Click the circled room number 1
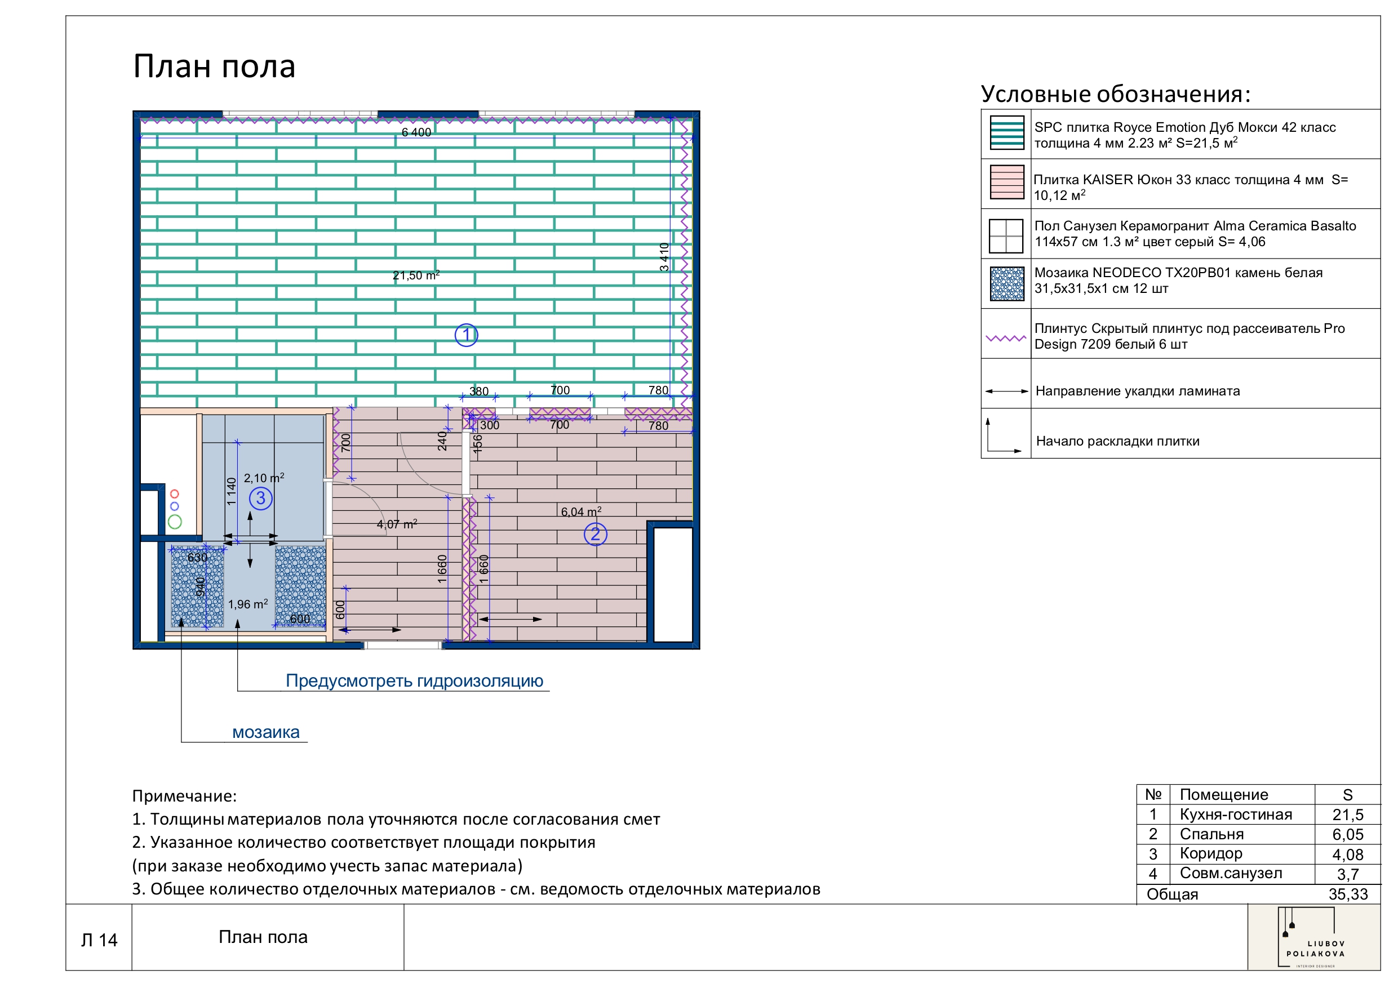pos(466,335)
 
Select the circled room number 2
pos(595,535)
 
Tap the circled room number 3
pos(260,499)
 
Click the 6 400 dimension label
pos(416,132)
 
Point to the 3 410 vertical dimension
pos(664,256)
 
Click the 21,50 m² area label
pos(416,275)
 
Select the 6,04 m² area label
pos(581,512)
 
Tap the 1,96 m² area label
pos(248,604)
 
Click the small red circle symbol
pos(175,493)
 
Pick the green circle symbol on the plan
pos(175,522)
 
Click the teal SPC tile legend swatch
pos(1006,133)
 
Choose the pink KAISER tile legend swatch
pos(1006,182)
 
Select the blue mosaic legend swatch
pos(1006,284)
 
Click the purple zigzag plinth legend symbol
pos(1005,339)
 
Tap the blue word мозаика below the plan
pos(265,732)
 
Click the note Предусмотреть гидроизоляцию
pos(414,680)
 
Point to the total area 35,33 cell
pos(1347,894)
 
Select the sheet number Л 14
pos(99,941)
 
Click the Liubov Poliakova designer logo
pos(1313,938)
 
